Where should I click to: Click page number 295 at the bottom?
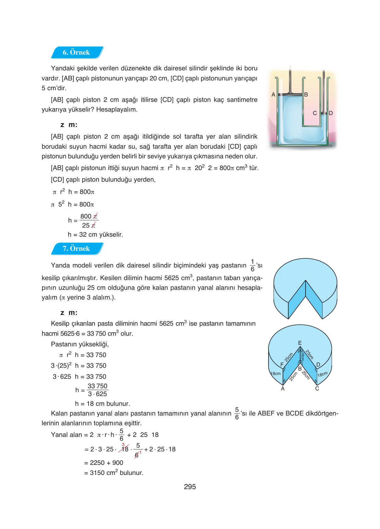tap(190, 487)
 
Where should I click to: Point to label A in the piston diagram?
tap(273, 95)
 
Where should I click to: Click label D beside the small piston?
tap(330, 113)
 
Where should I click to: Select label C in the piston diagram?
tap(315, 113)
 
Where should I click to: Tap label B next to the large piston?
tap(306, 95)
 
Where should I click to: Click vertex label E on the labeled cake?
tap(300, 343)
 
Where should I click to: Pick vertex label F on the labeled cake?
tap(282, 364)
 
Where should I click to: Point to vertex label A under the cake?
tap(283, 389)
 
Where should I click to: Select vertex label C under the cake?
tap(317, 389)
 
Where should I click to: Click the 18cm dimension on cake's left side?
tap(275, 374)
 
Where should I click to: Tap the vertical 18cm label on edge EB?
tap(302, 357)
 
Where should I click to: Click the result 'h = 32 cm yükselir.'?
tap(95, 234)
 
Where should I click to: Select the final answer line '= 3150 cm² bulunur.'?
tap(114, 473)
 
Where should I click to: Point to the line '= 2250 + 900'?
tap(104, 463)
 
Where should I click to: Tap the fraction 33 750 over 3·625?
tap(97, 390)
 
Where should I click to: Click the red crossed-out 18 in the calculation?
tap(125, 449)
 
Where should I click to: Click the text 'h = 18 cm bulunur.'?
tap(102, 404)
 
